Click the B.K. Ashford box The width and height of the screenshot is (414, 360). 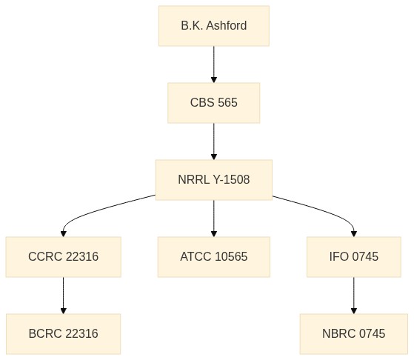214,26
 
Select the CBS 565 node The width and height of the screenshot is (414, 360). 214,103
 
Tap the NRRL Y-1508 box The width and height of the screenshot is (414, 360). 214,180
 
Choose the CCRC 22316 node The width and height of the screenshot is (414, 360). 64,257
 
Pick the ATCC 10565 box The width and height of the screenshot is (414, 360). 214,257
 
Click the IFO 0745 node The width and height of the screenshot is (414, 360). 354,257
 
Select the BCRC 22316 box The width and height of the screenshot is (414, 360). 64,334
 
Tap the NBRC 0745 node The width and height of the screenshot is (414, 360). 354,334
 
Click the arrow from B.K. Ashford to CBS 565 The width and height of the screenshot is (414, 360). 214,64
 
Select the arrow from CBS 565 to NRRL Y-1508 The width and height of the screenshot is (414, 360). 214,141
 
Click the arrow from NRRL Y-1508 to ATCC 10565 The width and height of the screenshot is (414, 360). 214,219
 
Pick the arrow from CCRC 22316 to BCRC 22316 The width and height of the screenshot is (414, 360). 64,296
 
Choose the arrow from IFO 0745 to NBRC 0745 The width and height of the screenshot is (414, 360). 354,296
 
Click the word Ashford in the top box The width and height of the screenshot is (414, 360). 227,26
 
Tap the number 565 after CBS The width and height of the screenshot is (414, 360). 227,103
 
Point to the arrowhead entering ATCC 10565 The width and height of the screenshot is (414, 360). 214,234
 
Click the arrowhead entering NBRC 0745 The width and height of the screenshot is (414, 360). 354,311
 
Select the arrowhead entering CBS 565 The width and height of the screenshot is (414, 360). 214,80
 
